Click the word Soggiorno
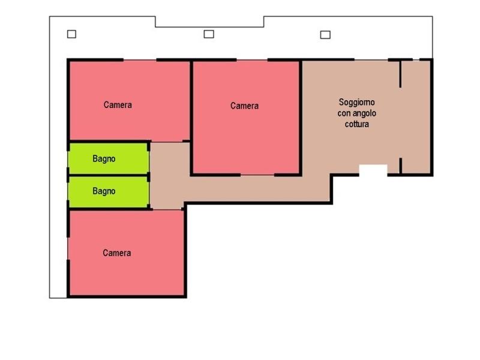356,102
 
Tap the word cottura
357,124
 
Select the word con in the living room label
344,113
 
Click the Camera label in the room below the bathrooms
117,253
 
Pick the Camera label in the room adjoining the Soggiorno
244,106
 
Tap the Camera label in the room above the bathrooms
118,105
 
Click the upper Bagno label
104,158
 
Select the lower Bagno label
104,191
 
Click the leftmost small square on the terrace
71,34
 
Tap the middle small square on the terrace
209,34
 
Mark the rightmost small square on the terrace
325,35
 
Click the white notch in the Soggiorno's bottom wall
373,170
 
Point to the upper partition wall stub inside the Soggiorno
400,74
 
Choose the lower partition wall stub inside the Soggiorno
400,166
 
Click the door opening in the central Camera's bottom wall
257,175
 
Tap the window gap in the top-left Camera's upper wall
140,60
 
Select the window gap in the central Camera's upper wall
252,60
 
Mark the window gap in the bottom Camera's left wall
68,248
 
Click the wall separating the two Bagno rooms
109,175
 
